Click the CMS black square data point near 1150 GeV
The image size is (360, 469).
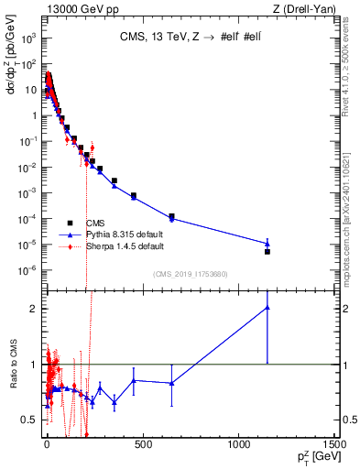point(267,251)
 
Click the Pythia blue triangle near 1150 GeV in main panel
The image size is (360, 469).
point(267,244)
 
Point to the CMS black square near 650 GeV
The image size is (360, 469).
point(171,216)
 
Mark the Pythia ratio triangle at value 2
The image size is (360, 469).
point(267,308)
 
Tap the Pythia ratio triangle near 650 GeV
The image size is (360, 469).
point(171,383)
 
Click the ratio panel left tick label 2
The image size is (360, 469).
point(33,309)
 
